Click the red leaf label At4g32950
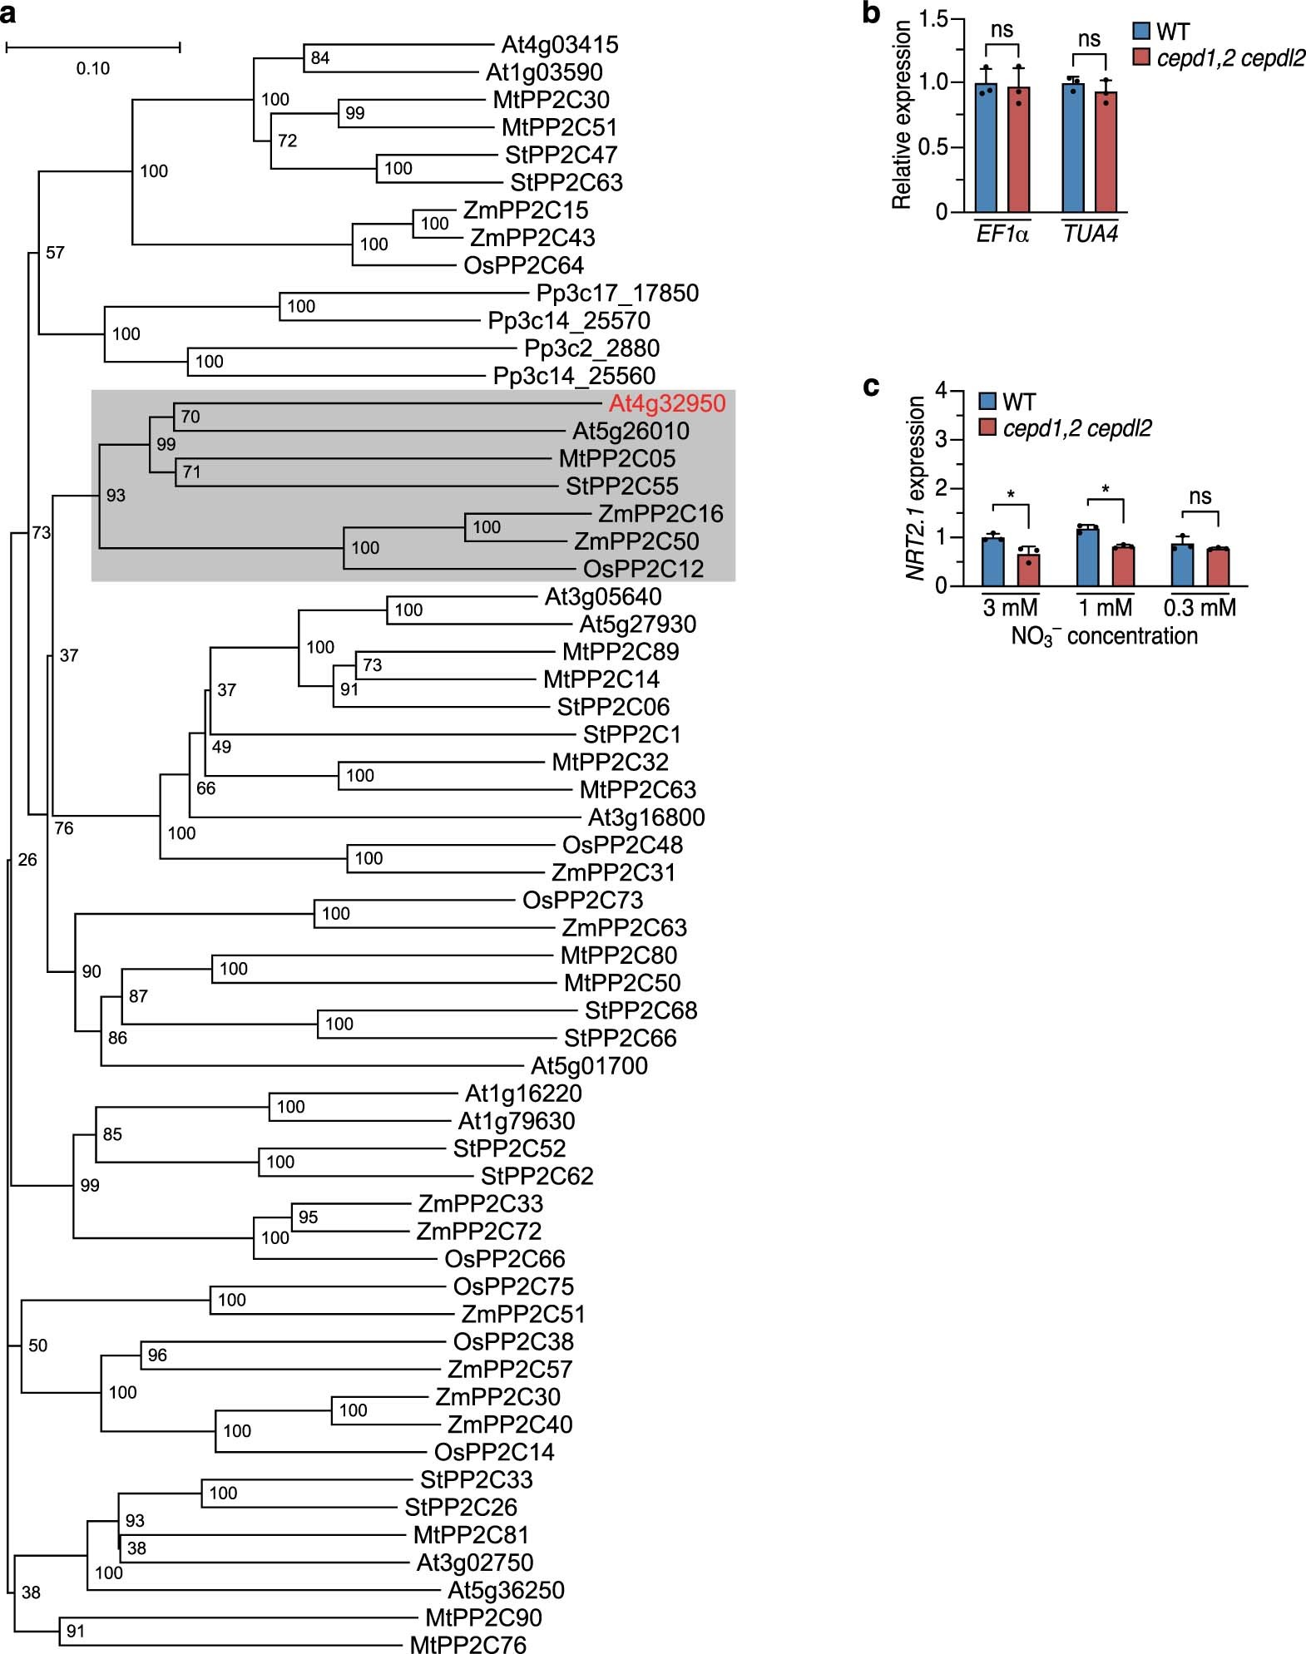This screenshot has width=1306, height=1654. coord(667,404)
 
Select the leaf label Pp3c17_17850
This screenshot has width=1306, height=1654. coord(617,294)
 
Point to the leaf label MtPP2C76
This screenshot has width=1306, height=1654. coord(467,1645)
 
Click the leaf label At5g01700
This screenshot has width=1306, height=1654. coord(589,1066)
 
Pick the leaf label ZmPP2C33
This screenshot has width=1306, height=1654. coord(480,1204)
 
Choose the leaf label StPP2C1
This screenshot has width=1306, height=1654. coord(631,735)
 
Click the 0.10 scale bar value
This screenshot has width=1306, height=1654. coord(93,69)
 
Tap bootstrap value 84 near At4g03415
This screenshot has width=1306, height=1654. coord(320,58)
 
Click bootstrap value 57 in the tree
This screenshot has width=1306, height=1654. coord(55,253)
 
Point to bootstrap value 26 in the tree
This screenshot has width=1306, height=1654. coord(27,860)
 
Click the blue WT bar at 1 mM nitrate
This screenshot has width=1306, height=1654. coord(1087,557)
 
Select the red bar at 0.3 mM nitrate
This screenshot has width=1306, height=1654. coord(1218,567)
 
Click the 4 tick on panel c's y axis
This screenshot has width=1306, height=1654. coord(941,390)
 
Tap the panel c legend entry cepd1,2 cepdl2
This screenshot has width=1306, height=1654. coord(1077,429)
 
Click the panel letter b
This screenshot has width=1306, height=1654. coord(871,14)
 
